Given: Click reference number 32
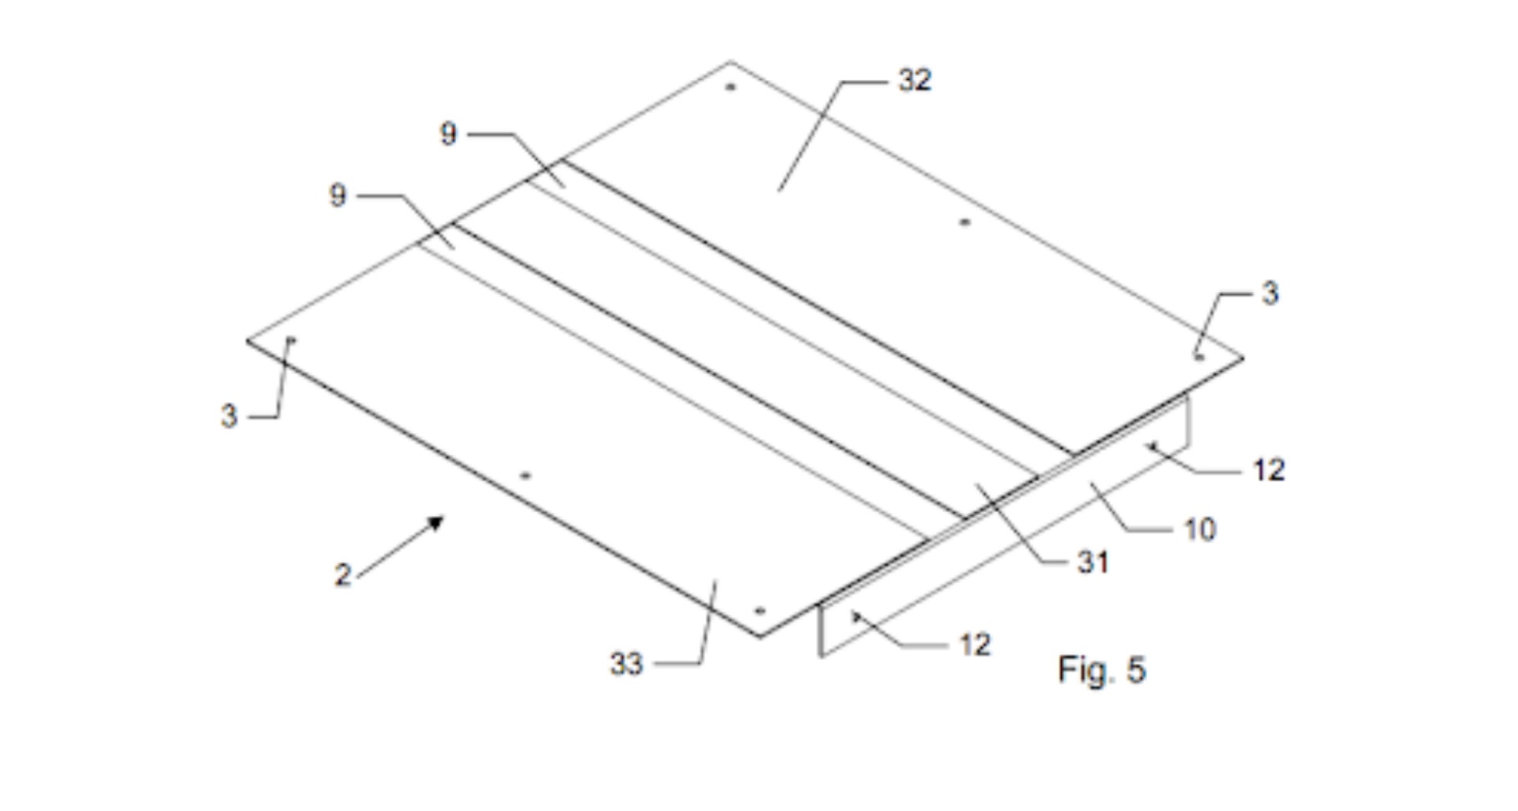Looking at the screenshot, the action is [x=915, y=80].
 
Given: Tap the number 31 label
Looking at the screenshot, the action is [x=1093, y=562].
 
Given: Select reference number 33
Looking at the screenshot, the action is [x=626, y=664].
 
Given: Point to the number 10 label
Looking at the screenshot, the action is [x=1199, y=529].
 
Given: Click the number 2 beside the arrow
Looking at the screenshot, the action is [x=342, y=574].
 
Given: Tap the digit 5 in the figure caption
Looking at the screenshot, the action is [x=1136, y=669].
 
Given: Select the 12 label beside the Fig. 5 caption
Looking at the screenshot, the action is [x=975, y=645].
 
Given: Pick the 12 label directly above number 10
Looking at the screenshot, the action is [x=1269, y=470].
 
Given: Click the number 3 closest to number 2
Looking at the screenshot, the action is [x=228, y=415].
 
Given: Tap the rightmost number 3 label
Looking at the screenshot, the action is [x=1270, y=294].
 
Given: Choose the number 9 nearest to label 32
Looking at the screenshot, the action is [x=448, y=134].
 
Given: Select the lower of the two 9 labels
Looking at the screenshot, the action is [x=338, y=195].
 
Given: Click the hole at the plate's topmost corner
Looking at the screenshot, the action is [x=730, y=87].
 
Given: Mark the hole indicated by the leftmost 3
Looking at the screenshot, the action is [x=291, y=341].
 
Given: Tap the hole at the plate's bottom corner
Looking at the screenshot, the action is [x=760, y=611].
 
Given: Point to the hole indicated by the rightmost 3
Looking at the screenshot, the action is [x=1199, y=358].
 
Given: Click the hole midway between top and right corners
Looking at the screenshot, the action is [x=964, y=222].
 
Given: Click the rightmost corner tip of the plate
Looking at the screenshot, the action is [x=1244, y=358].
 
